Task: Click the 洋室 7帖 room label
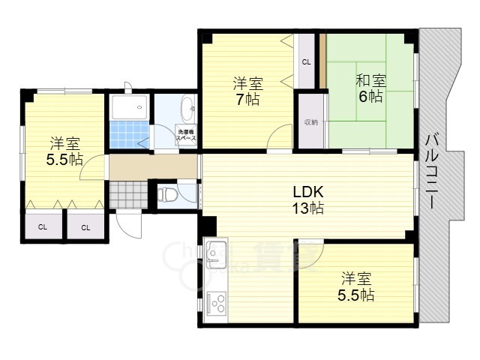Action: pos(246,91)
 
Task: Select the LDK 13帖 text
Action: pos(307,200)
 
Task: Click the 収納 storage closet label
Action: pos(310,121)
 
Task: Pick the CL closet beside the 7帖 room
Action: pos(306,62)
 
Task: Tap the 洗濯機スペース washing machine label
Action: pos(186,136)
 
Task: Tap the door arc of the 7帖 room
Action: pos(280,136)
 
